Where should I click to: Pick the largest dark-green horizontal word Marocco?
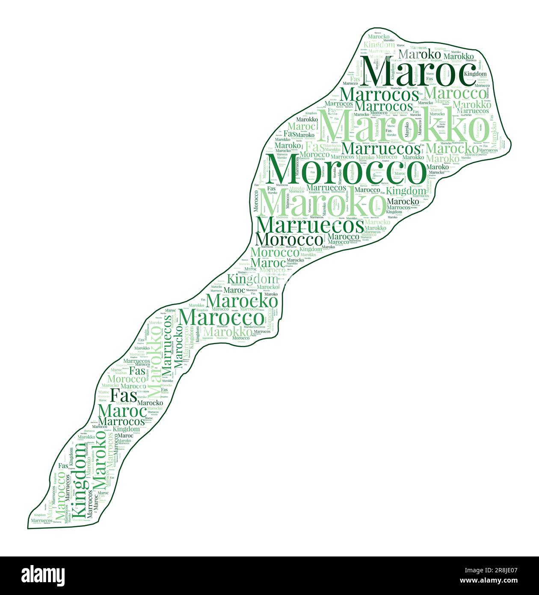(x=222, y=318)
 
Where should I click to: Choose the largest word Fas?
(x=124, y=394)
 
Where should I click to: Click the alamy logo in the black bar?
(x=43, y=575)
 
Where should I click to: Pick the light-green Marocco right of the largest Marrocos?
(x=456, y=92)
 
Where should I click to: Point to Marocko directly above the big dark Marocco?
(x=242, y=300)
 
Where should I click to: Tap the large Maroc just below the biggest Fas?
(x=121, y=411)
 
